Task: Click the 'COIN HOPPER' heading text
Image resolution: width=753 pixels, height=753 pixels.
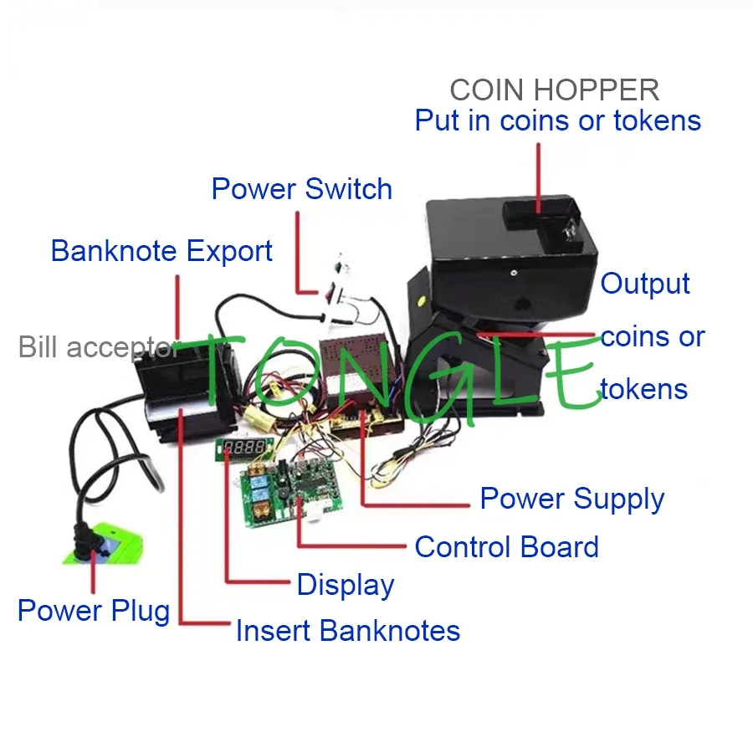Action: [x=554, y=90]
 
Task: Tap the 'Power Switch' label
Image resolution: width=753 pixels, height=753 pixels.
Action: [x=301, y=188]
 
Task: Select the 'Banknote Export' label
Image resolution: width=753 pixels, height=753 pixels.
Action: [x=161, y=250]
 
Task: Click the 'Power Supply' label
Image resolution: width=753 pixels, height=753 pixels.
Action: [x=571, y=499]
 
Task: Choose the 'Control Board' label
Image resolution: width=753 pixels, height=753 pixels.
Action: [x=506, y=547]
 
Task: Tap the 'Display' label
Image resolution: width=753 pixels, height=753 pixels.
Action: [x=345, y=585]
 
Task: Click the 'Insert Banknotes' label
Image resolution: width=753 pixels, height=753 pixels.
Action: [x=347, y=630]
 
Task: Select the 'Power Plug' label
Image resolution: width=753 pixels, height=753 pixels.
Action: [x=93, y=611]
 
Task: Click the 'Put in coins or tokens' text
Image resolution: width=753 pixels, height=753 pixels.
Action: [x=557, y=120]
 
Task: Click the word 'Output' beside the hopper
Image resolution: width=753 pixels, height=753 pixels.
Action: [x=645, y=284]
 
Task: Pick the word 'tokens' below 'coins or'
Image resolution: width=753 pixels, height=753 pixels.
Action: [x=643, y=389]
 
